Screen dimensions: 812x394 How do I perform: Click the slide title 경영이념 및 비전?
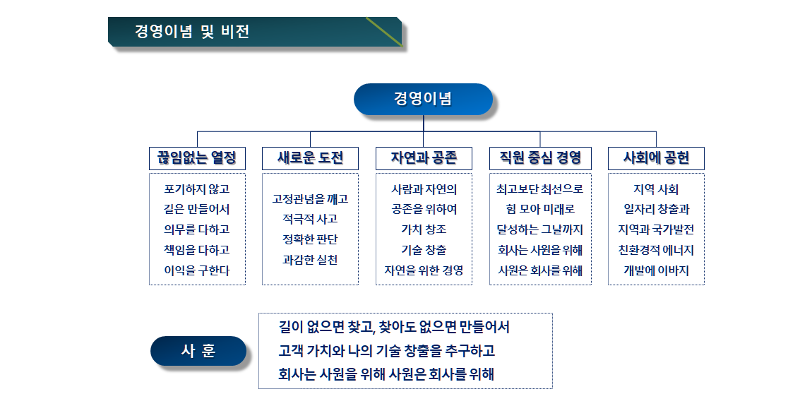click(x=192, y=32)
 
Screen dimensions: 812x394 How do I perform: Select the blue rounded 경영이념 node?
click(x=423, y=99)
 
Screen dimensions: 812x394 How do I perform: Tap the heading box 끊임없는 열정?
click(x=197, y=158)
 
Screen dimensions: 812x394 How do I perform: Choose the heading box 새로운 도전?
click(x=310, y=158)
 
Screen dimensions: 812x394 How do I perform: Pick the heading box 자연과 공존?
click(x=424, y=158)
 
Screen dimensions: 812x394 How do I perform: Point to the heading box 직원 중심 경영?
click(x=540, y=158)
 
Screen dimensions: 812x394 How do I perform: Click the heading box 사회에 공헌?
click(x=656, y=158)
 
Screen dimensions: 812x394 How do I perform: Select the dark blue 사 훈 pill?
click(x=198, y=351)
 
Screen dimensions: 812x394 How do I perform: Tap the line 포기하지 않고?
click(x=197, y=189)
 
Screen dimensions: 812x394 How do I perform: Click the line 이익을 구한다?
click(x=197, y=270)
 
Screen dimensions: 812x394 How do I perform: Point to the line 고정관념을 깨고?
click(x=310, y=199)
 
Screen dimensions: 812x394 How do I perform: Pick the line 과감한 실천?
click(x=310, y=260)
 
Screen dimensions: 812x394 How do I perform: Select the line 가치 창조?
click(x=424, y=229)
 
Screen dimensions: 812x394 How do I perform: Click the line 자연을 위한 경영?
click(x=424, y=270)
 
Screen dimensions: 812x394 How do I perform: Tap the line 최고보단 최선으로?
click(x=540, y=189)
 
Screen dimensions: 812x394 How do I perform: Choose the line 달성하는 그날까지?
click(x=540, y=229)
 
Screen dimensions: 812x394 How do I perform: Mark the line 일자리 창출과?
click(x=656, y=209)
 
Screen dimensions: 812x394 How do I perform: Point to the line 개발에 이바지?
click(x=656, y=270)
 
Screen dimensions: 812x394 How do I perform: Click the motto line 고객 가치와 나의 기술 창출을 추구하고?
click(x=386, y=351)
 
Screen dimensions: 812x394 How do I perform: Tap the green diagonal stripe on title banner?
click(x=384, y=32)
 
